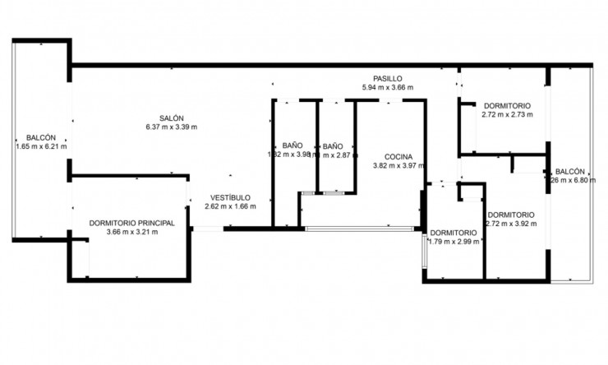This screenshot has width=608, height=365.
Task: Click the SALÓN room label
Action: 172,117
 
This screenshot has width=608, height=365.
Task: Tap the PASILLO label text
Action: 388,77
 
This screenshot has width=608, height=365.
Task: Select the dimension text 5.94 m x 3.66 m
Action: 388,86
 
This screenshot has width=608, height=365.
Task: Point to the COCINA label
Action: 398,155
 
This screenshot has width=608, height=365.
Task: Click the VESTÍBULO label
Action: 230,197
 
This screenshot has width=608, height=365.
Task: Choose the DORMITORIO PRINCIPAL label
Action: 132,223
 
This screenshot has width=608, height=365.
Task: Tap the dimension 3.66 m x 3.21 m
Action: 132,232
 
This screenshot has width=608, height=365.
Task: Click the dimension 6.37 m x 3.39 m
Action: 172,127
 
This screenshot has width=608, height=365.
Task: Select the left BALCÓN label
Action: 41,137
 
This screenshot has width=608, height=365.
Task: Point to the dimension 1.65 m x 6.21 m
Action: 41,146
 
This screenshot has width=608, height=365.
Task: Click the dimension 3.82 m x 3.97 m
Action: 398,165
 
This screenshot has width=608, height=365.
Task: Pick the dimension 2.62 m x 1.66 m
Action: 230,206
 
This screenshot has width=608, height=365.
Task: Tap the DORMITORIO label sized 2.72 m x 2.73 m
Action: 506,105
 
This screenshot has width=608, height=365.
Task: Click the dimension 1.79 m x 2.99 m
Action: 453,241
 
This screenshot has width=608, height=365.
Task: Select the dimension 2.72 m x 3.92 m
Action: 510,223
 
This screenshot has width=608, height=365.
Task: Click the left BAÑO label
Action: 292,145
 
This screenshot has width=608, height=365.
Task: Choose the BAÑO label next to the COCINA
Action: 332,145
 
